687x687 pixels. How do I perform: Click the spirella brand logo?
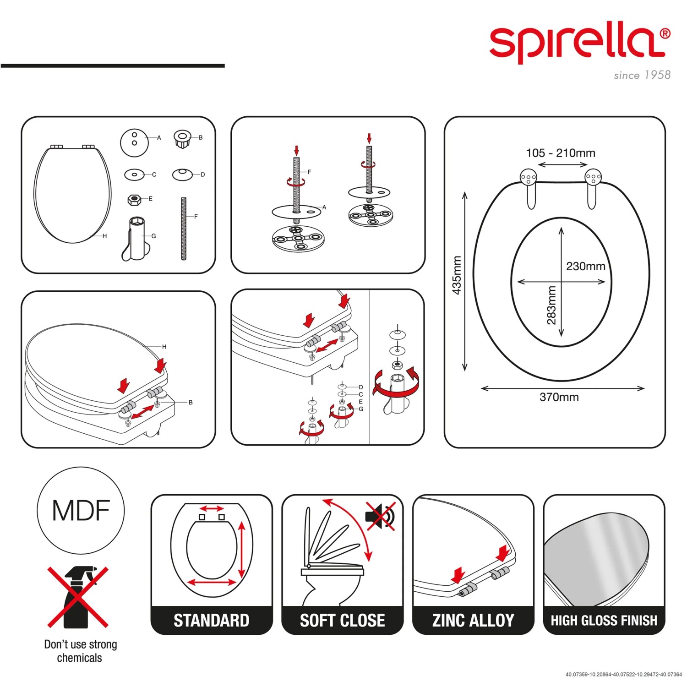(x=580, y=44)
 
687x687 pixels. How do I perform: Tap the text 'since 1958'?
(x=642, y=75)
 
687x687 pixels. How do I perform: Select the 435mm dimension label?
(x=457, y=275)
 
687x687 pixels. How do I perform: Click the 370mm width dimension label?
(x=559, y=397)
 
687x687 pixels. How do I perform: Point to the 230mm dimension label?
(x=585, y=266)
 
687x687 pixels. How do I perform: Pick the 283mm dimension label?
(x=551, y=305)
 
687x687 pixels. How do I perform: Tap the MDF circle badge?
(x=81, y=510)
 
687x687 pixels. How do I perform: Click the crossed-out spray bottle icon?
(x=78, y=597)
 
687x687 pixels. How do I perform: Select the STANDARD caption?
(x=212, y=621)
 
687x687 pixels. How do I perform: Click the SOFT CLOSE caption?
(x=343, y=621)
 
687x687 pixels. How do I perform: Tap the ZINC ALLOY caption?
(x=473, y=621)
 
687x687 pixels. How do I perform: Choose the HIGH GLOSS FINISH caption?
(x=604, y=621)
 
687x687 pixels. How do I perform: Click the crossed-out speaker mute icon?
(x=380, y=516)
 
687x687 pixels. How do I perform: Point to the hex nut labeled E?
(x=133, y=200)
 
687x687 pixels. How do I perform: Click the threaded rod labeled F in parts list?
(x=184, y=229)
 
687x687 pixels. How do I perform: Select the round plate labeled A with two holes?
(x=134, y=142)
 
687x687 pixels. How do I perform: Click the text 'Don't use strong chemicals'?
(x=80, y=651)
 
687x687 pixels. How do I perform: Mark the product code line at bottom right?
(x=623, y=675)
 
